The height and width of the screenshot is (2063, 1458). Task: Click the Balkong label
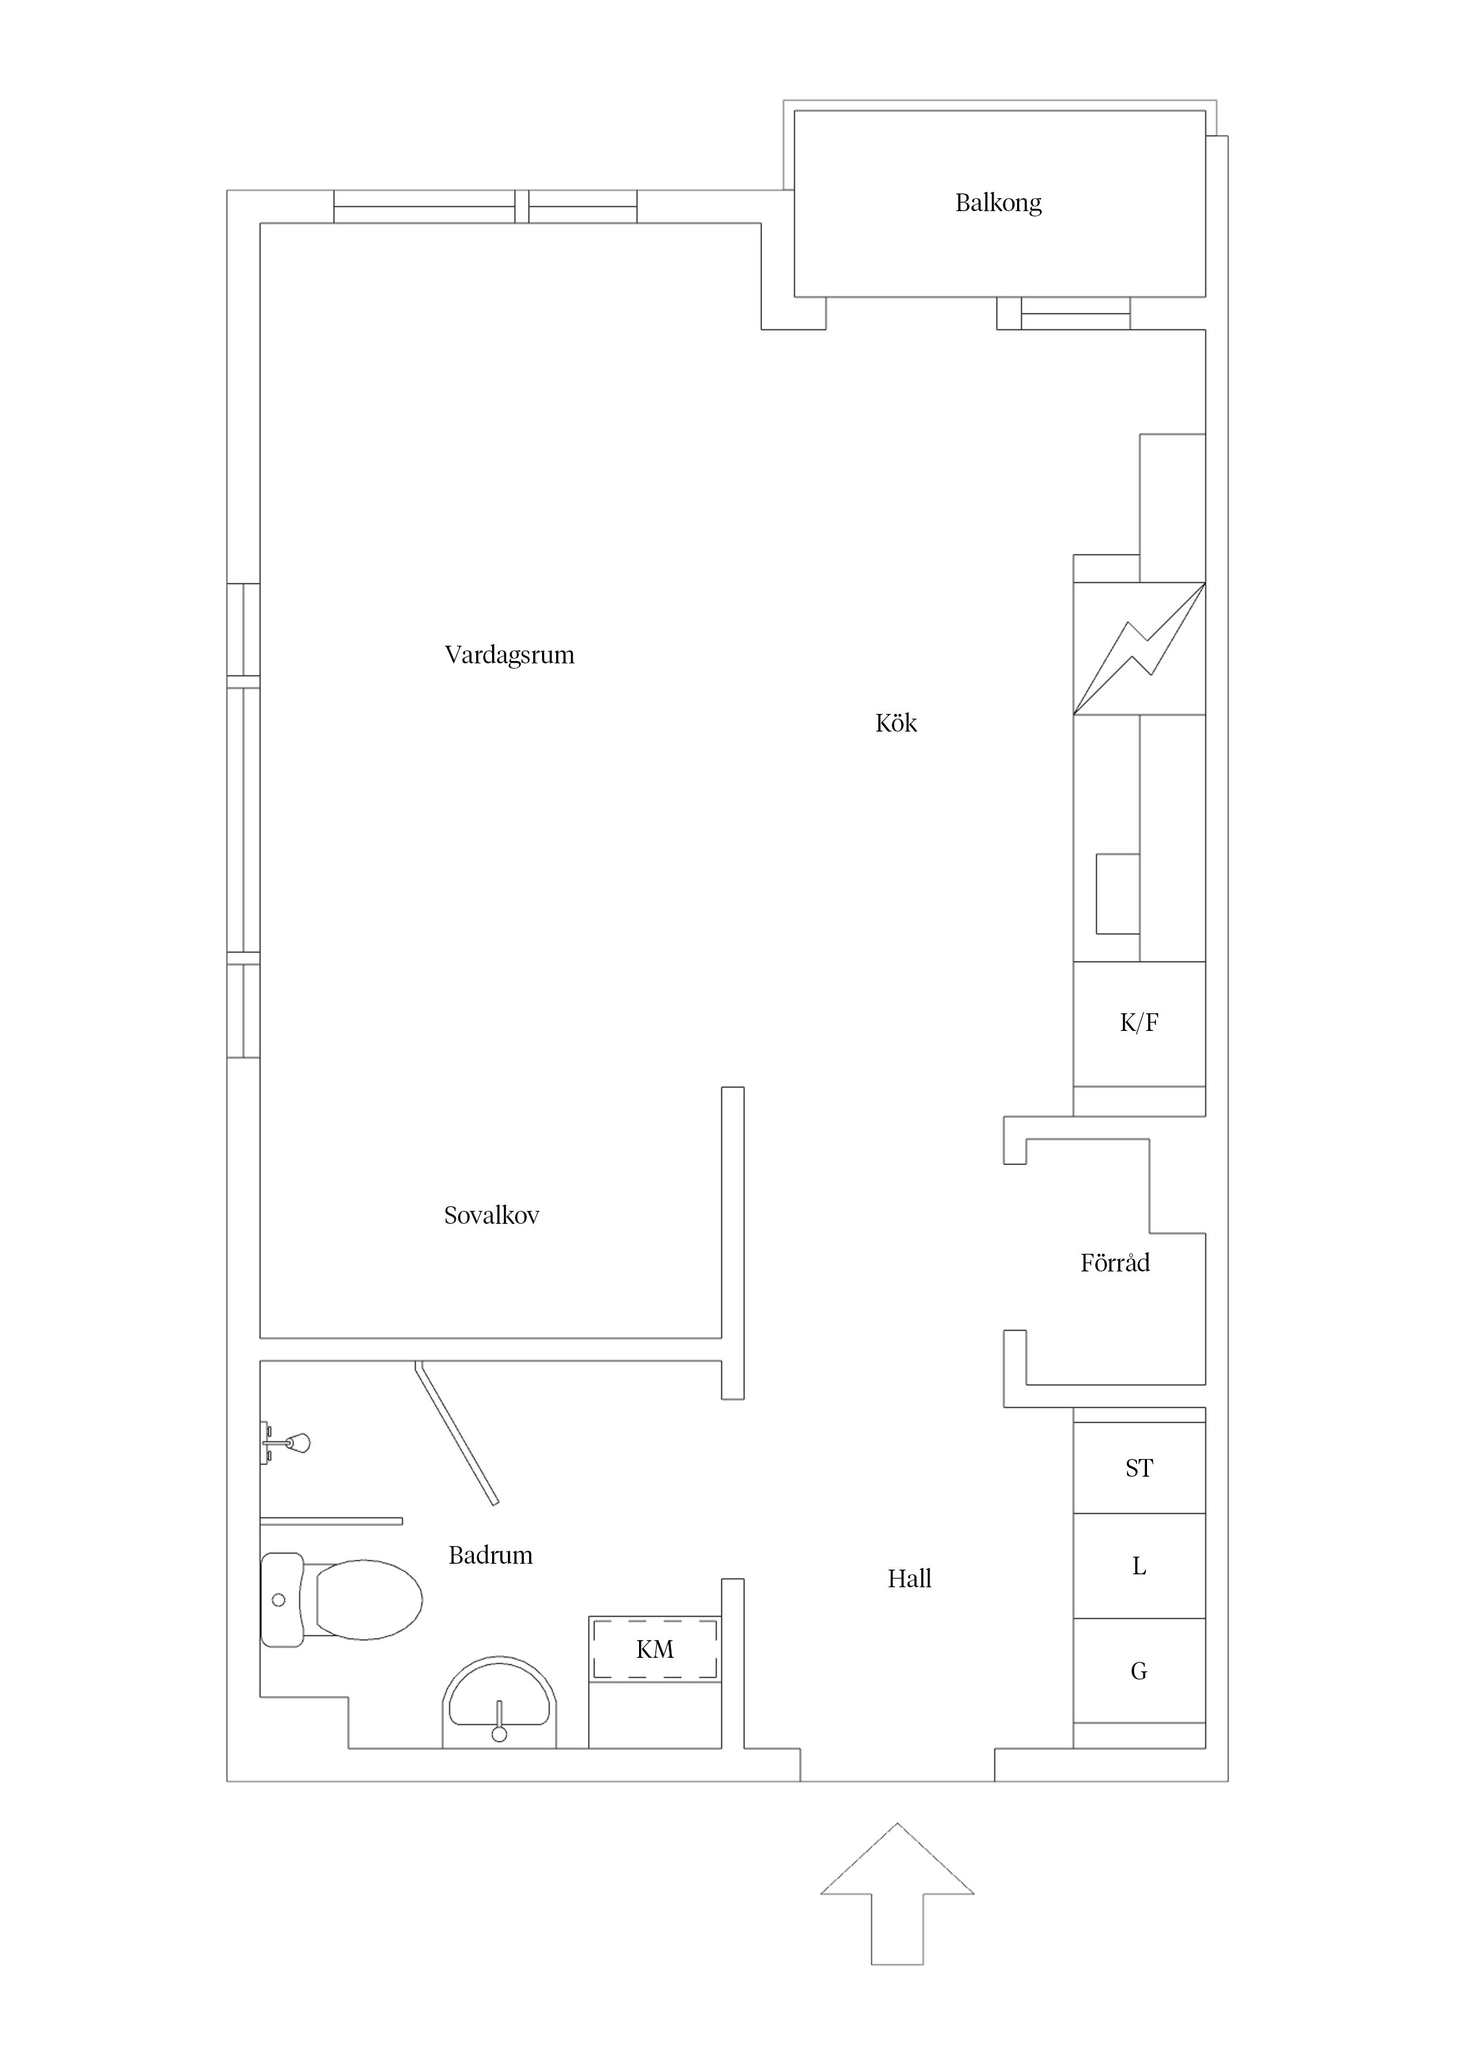tap(998, 203)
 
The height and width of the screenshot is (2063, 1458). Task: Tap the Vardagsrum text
tap(509, 655)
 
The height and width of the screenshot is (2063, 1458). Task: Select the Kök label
tap(895, 723)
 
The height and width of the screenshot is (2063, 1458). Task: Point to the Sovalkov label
tap(491, 1216)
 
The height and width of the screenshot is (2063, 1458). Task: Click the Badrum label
tap(490, 1555)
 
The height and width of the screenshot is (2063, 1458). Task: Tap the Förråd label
tap(1115, 1263)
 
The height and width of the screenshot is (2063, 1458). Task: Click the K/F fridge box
tap(1139, 1023)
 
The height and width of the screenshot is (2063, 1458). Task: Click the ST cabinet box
tap(1139, 1468)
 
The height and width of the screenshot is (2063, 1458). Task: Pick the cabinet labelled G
tap(1139, 1671)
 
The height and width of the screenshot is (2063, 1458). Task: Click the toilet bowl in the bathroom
tap(368, 1600)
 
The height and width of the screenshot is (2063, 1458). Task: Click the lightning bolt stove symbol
tap(1139, 649)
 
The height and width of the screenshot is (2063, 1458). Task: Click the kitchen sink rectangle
tap(1118, 894)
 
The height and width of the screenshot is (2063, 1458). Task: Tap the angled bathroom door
tap(456, 1432)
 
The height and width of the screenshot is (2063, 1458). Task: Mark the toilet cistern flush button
tap(279, 1600)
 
